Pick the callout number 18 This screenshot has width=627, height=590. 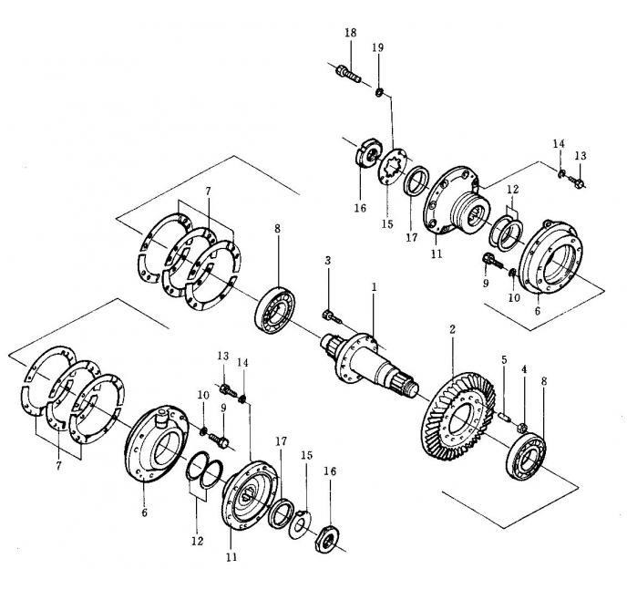coord(350,33)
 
